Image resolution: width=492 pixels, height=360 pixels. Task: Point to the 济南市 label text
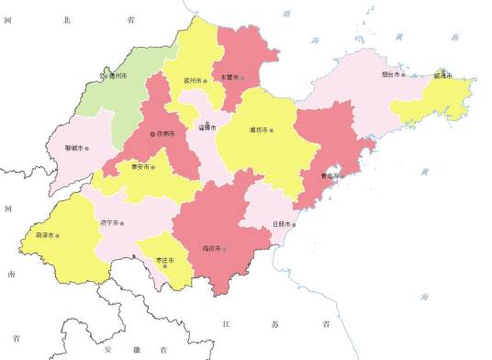(166, 134)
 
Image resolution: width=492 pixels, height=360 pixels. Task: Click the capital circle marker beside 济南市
(153, 134)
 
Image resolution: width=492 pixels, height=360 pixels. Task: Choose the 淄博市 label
(207, 128)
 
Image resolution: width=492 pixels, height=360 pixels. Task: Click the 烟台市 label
(389, 74)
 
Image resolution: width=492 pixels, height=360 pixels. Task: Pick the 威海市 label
(450, 76)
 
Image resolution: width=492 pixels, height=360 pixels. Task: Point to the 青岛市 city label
(329, 175)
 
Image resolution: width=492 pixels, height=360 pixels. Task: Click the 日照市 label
(283, 224)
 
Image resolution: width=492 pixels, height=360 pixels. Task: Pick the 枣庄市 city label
(165, 259)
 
